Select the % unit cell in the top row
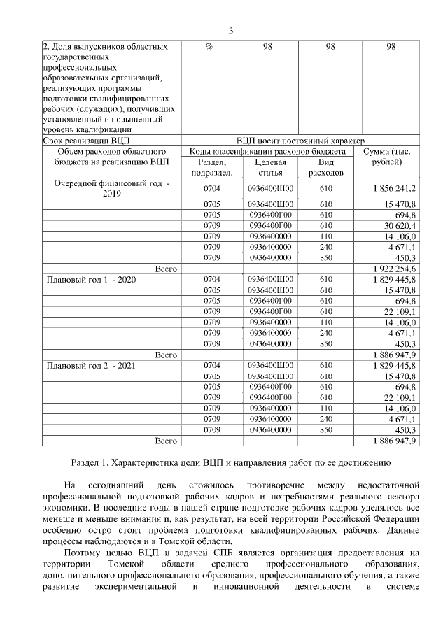point(209,47)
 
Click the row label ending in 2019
point(112,189)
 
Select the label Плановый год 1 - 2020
point(90,280)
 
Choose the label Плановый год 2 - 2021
point(90,366)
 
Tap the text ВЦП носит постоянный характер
point(301,141)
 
